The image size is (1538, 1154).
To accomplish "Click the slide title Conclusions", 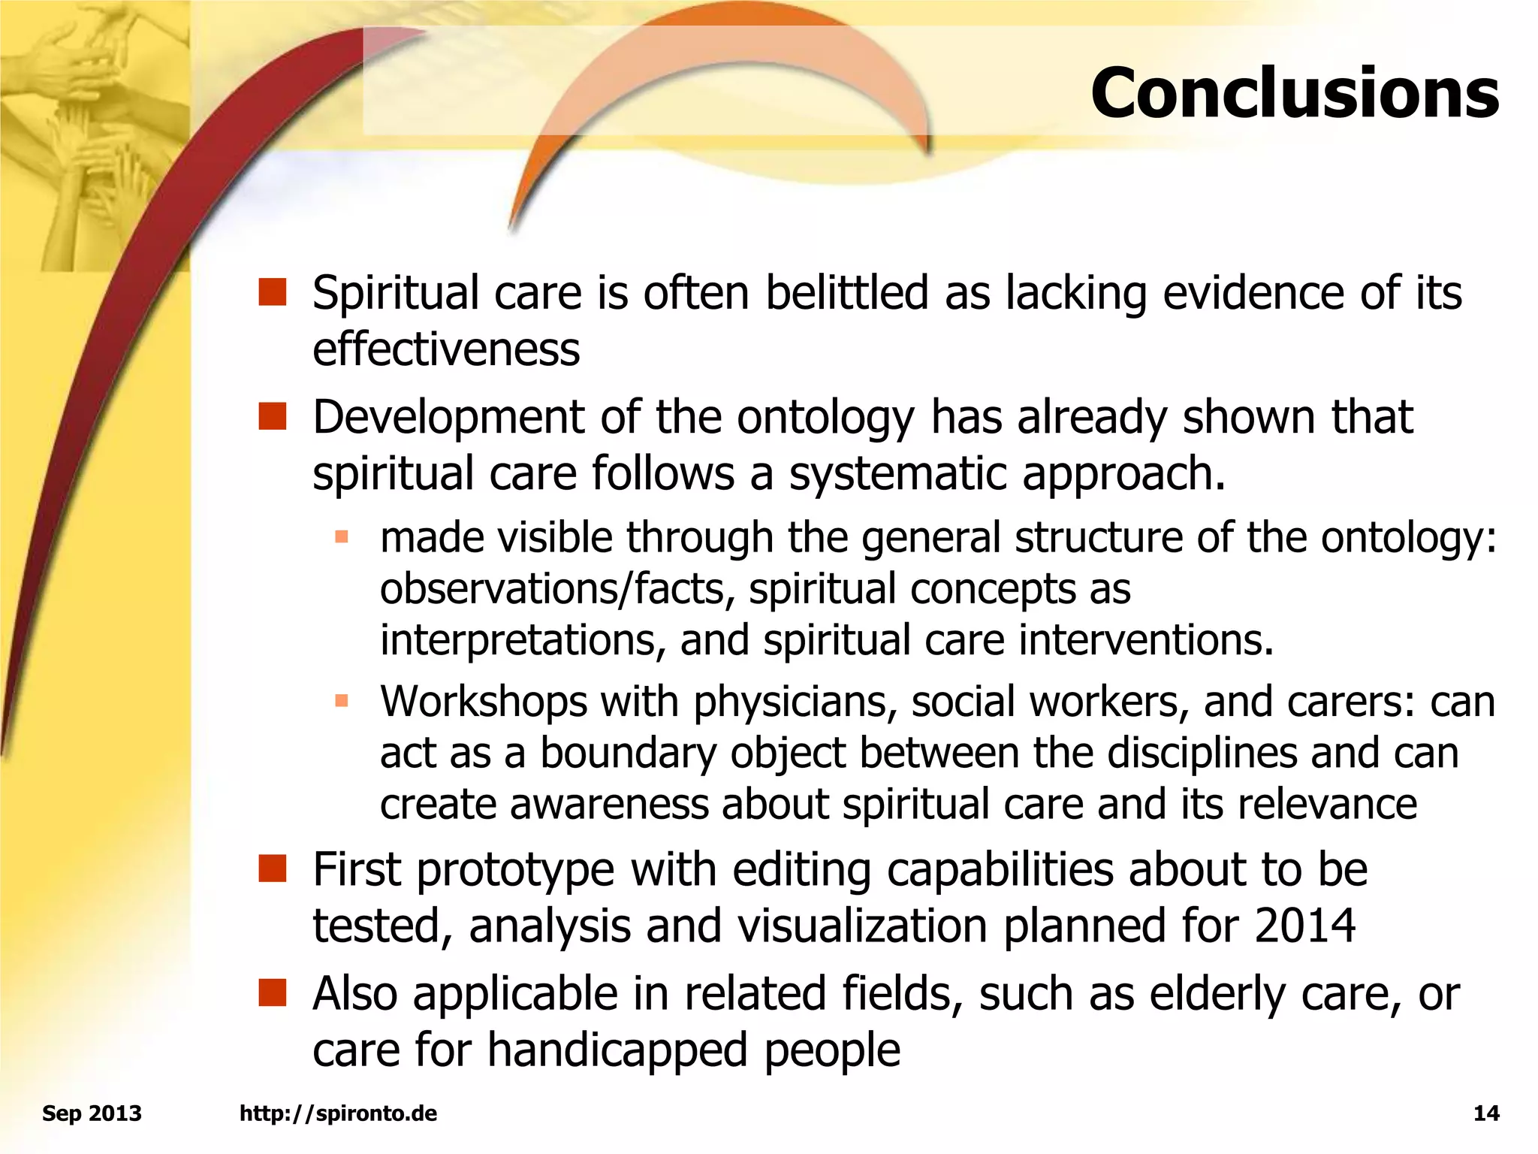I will pyautogui.click(x=1295, y=93).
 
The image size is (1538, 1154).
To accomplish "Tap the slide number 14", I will pyautogui.click(x=1486, y=1113).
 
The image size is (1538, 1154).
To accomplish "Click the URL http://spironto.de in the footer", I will pyautogui.click(x=338, y=1113).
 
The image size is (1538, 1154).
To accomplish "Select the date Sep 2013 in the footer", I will pyautogui.click(x=92, y=1113).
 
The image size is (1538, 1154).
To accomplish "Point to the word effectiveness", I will pyautogui.click(x=446, y=350).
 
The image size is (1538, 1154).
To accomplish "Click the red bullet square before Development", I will pyautogui.click(x=273, y=417).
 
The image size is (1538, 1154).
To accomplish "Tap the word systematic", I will pyautogui.click(x=897, y=475).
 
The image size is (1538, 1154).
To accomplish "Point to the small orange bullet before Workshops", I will pyautogui.click(x=342, y=702).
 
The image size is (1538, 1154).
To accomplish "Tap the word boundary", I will pyautogui.click(x=628, y=754).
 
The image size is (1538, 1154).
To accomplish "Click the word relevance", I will pyautogui.click(x=1327, y=804).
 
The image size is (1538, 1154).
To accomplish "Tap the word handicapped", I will pyautogui.click(x=617, y=1050).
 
